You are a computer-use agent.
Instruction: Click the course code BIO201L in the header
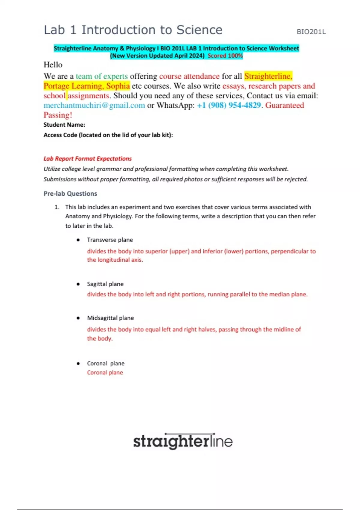[x=311, y=32]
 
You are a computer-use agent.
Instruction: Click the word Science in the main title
[x=199, y=30]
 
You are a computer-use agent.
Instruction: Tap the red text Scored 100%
[x=225, y=55]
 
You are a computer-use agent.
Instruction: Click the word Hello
[x=53, y=65]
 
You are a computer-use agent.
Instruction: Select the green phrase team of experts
[x=102, y=76]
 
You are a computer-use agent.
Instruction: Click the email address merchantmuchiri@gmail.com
[x=94, y=105]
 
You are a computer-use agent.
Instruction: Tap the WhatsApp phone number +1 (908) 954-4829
[x=229, y=105]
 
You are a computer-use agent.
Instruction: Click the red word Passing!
[x=58, y=115]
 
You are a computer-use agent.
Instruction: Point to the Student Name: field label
[x=64, y=125]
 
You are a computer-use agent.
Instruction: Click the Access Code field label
[x=108, y=135]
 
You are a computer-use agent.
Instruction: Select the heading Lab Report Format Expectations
[x=88, y=159]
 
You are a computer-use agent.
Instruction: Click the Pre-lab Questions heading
[x=70, y=193]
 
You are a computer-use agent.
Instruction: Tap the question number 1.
[x=57, y=207]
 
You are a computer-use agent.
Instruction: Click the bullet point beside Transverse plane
[x=78, y=240]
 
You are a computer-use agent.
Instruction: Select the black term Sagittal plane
[x=105, y=284]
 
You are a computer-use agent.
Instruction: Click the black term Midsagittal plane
[x=110, y=318]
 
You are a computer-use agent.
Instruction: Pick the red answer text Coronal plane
[x=105, y=373]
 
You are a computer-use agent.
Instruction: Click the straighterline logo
[x=183, y=441]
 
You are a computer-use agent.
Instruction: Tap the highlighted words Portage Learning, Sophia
[x=87, y=86]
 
